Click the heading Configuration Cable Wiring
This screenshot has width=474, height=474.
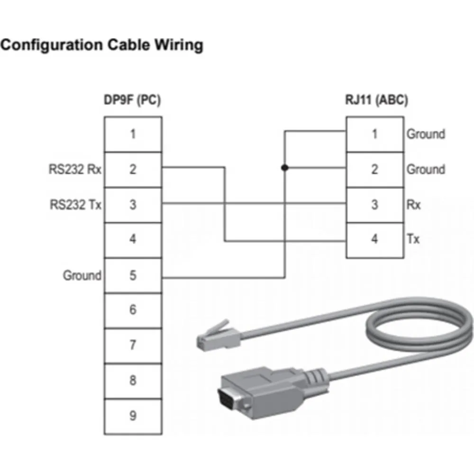(x=101, y=46)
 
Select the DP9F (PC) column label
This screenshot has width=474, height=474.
(x=132, y=100)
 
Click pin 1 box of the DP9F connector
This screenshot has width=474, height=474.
(x=133, y=135)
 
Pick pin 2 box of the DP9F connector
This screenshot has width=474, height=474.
(x=133, y=170)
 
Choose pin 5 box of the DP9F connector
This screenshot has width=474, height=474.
(x=133, y=275)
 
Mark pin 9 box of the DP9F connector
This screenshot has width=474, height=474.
(x=133, y=416)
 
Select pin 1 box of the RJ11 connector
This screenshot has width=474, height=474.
(x=374, y=135)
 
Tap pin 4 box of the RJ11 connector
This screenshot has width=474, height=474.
(x=374, y=240)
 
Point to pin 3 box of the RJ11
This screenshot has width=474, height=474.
(x=374, y=205)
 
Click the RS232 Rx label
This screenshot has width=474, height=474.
(x=75, y=170)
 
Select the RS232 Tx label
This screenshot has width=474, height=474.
(x=75, y=205)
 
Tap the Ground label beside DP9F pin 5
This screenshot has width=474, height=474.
(x=82, y=275)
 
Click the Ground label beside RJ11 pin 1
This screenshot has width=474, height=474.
(x=426, y=135)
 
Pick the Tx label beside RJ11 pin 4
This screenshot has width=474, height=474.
(x=413, y=240)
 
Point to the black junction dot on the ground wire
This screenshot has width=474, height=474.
(x=284, y=167)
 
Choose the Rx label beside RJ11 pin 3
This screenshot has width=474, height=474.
(x=413, y=205)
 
